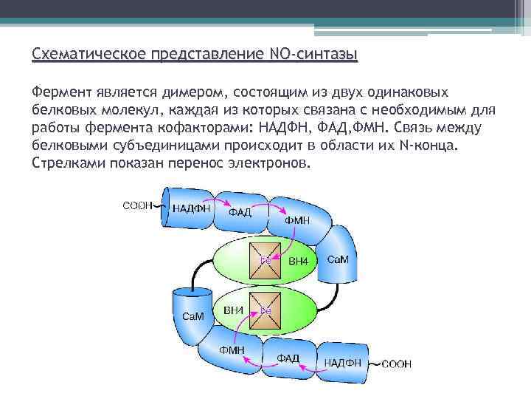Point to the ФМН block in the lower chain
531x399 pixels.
[x=232, y=349]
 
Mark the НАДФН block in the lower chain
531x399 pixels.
[x=342, y=363]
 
